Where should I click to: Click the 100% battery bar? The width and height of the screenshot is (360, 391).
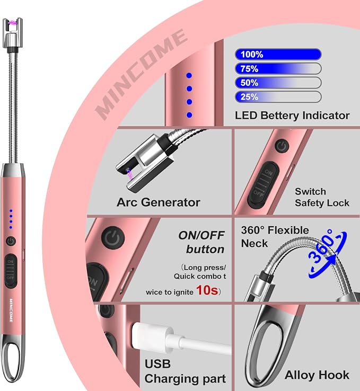tap(278, 55)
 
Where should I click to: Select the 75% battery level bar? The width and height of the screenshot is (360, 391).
tap(278, 68)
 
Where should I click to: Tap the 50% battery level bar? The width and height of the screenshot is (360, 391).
tap(278, 83)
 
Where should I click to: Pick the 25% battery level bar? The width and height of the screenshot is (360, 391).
tap(278, 97)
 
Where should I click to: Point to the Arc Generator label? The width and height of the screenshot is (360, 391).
tap(159, 202)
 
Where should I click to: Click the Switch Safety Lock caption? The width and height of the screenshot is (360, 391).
tap(322, 197)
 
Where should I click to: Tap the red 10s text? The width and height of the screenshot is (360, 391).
tap(207, 290)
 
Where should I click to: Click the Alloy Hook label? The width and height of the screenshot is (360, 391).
tap(317, 375)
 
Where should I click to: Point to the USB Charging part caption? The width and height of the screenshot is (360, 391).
tap(185, 371)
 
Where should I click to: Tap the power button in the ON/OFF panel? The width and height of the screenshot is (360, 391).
tap(113, 238)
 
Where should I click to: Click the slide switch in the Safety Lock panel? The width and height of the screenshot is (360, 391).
tap(264, 185)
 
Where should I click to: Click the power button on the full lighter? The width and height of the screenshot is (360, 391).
tap(11, 241)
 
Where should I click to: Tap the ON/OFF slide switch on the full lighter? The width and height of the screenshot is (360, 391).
tap(11, 271)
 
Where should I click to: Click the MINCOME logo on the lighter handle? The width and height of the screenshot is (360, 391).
tap(11, 310)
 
